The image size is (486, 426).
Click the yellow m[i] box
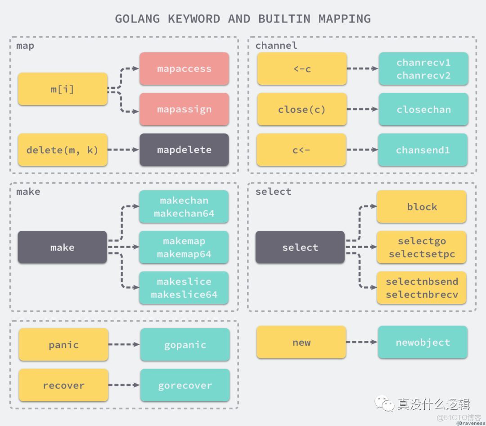pyautogui.click(x=63, y=89)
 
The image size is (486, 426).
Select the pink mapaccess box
pyautogui.click(x=184, y=69)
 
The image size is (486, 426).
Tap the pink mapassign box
pyautogui.click(x=184, y=110)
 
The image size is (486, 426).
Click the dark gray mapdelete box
pyautogui.click(x=184, y=150)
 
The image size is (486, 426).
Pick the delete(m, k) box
pyautogui.click(x=63, y=150)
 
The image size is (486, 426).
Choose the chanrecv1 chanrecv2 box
pyautogui.click(x=423, y=69)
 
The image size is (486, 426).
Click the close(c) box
pyautogui.click(x=301, y=110)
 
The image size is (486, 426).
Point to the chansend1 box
pyautogui.click(x=423, y=150)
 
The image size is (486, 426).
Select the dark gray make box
pyautogui.click(x=63, y=247)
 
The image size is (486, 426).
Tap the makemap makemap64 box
pyautogui.click(x=184, y=247)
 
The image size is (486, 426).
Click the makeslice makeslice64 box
pyautogui.click(x=184, y=288)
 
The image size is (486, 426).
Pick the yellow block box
pyautogui.click(x=422, y=206)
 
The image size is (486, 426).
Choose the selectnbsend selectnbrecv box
pyautogui.click(x=422, y=288)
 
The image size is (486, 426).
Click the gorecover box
pyautogui.click(x=185, y=385)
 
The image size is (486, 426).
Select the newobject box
pyautogui.click(x=423, y=343)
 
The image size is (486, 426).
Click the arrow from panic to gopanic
pyautogui.click(x=124, y=345)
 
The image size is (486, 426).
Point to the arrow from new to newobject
pyautogui.click(x=362, y=343)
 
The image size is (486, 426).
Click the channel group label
pyautogui.click(x=276, y=46)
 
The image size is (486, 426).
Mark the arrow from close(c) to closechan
pyautogui.click(x=362, y=110)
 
